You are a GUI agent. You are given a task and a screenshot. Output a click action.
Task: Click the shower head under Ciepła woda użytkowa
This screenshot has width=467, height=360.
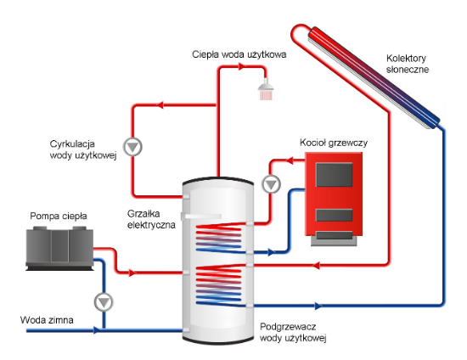click(266, 89)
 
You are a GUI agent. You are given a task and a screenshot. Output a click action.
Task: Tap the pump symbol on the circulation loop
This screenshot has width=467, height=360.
click(132, 147)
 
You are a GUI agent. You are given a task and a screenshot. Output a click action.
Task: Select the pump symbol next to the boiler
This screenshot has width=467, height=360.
click(271, 184)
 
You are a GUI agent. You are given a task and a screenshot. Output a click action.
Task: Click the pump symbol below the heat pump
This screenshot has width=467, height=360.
click(104, 302)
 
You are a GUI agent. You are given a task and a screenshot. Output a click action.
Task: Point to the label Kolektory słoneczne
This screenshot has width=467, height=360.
click(407, 64)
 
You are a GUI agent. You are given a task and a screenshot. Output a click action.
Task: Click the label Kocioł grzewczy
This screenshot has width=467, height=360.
click(334, 143)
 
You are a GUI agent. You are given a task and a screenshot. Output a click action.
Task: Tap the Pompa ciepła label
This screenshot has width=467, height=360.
click(59, 216)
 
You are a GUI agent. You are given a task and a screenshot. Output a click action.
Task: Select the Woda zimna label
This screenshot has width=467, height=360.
click(47, 320)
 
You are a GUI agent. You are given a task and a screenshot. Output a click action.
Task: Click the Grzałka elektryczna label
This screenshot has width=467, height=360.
click(151, 219)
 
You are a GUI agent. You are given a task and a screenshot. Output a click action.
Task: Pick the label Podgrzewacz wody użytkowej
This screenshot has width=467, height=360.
click(293, 332)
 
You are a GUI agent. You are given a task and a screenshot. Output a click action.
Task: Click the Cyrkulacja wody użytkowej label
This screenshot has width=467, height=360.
click(83, 149)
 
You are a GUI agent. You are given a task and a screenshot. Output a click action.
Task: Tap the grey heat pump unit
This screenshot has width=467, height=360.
click(59, 248)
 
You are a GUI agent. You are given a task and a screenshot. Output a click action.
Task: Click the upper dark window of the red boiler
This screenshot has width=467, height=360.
click(334, 175)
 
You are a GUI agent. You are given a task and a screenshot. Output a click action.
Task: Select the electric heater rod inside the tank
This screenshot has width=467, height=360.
click(201, 217)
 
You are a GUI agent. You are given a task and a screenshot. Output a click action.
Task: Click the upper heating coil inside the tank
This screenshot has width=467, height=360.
click(219, 239)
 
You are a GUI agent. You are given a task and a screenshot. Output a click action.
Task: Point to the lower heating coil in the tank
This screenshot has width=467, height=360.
click(219, 286)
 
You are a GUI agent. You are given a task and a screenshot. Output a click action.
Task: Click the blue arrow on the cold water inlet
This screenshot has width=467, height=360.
click(96, 330)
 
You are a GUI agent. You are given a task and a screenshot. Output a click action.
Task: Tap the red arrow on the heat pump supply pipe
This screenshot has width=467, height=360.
click(132, 273)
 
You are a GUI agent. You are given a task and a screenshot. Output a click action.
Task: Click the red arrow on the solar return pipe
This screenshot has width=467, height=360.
click(317, 265)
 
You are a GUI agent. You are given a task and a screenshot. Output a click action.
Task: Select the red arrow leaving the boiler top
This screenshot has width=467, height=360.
click(290, 160)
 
